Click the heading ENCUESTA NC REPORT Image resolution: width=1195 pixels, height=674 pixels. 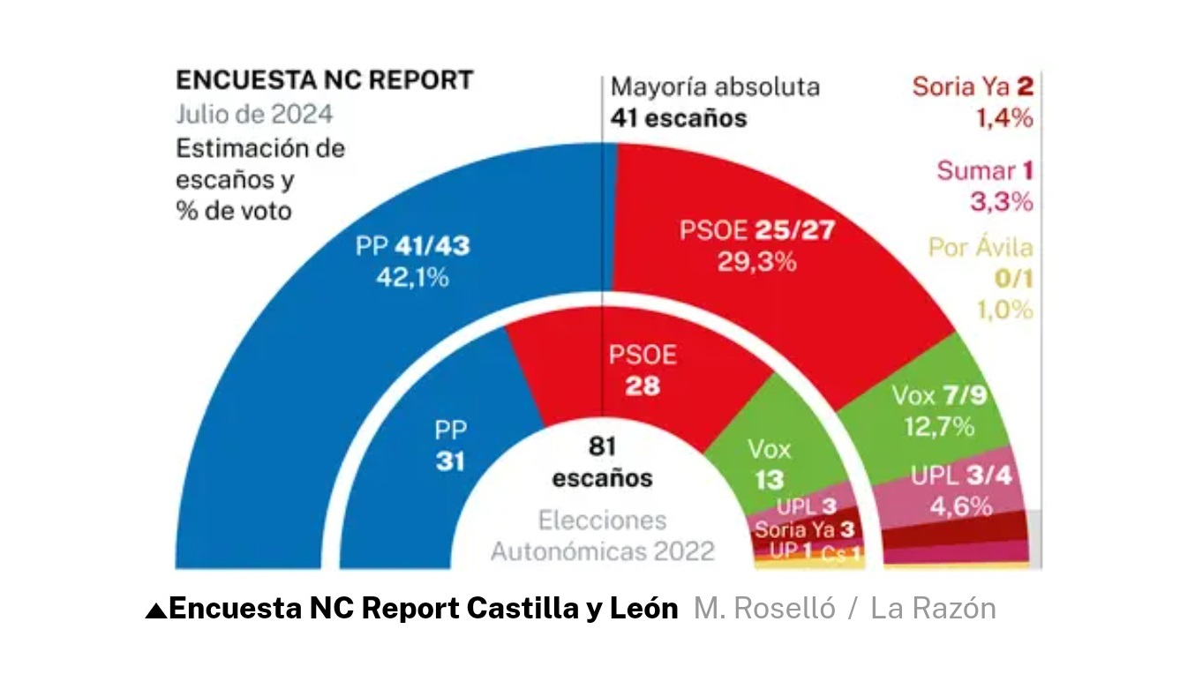[325, 80]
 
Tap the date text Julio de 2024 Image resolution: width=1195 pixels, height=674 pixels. [254, 115]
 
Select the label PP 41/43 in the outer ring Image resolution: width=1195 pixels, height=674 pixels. [412, 245]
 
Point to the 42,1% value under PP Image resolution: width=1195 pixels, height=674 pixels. [412, 277]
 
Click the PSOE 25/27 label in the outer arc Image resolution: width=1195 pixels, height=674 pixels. [756, 231]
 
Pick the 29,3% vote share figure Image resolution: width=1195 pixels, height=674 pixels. [756, 262]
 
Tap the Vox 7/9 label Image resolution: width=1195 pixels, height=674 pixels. [938, 395]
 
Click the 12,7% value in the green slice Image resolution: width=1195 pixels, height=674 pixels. [938, 427]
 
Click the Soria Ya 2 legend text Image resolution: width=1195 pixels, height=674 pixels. [972, 86]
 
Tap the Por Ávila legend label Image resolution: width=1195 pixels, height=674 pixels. [980, 248]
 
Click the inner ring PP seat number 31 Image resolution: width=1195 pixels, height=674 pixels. [450, 461]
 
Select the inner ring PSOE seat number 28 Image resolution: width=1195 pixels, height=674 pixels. [643, 386]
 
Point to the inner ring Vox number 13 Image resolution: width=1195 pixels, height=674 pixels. [770, 481]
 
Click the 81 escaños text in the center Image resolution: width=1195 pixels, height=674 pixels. [602, 461]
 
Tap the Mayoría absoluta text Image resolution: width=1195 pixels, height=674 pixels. [715, 87]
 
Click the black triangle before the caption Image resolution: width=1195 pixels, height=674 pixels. [155, 610]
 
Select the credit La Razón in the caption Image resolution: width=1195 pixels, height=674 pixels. [933, 609]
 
